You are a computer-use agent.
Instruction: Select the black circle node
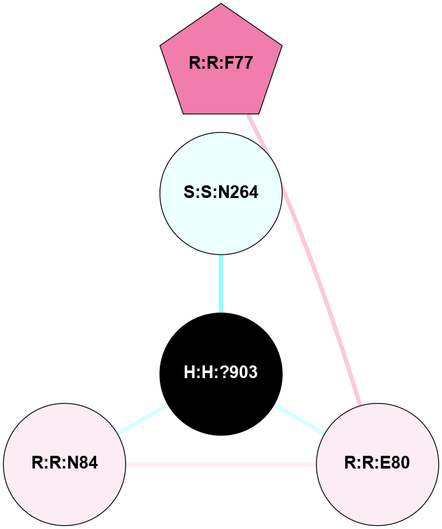click(221, 374)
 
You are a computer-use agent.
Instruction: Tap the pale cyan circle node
click(221, 193)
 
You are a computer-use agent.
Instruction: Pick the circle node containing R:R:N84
click(64, 463)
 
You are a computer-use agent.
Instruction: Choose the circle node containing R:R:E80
click(377, 463)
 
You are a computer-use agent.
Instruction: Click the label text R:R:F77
click(221, 64)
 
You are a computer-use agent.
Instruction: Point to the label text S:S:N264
click(221, 193)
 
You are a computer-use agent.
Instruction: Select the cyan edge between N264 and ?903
click(221, 284)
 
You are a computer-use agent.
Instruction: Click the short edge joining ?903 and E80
click(299, 419)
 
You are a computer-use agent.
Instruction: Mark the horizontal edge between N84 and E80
click(221, 464)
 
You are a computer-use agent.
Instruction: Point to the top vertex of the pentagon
click(221, 4)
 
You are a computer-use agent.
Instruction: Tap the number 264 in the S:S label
click(245, 193)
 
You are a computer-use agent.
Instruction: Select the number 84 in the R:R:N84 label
click(89, 463)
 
